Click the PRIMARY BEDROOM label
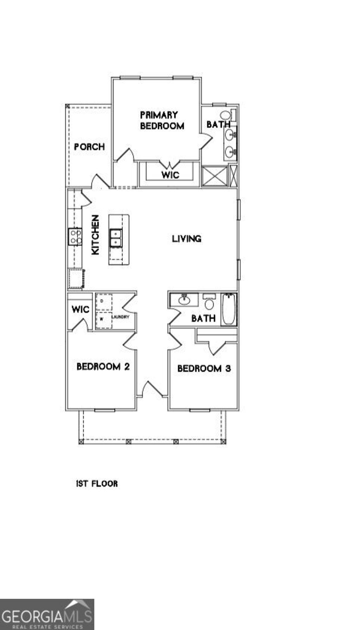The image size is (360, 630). [162, 120]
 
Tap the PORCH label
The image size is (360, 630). [89, 147]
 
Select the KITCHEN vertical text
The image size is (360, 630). [95, 235]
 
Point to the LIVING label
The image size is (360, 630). [187, 239]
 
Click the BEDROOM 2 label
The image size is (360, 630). [103, 366]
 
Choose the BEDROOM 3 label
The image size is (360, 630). [204, 368]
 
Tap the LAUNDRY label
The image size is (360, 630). [121, 317]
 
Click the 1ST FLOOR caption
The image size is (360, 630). [97, 483]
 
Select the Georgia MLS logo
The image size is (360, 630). [47, 614]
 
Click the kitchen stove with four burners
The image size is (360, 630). [75, 236]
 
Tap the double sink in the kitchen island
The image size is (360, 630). [115, 238]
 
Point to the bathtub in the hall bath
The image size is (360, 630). [229, 309]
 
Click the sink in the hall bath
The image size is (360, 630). [184, 300]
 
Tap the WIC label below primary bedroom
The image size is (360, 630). [170, 175]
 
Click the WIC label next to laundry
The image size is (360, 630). [80, 310]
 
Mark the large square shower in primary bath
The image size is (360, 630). [215, 176]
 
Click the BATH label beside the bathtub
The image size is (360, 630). [203, 318]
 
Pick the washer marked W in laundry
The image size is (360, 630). [103, 320]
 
